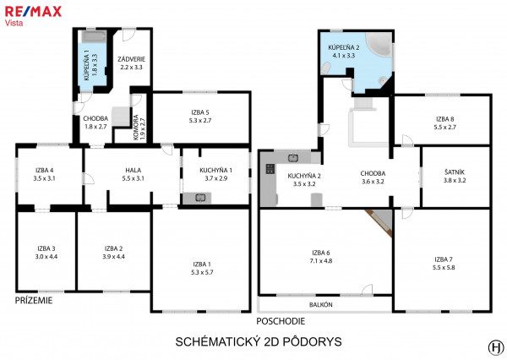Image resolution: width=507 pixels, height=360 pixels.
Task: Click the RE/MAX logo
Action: coord(33,12)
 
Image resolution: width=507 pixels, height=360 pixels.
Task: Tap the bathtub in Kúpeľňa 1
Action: coord(94,36)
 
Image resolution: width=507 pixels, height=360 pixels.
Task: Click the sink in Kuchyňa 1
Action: coord(201,198)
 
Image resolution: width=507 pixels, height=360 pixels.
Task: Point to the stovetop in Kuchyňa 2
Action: coord(270,169)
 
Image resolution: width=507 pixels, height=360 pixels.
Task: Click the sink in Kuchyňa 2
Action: coord(293,158)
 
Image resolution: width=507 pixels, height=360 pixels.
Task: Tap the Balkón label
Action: coord(321,305)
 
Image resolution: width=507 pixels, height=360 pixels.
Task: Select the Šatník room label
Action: coord(455,172)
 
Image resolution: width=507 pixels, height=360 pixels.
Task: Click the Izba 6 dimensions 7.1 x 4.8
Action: coord(321,261)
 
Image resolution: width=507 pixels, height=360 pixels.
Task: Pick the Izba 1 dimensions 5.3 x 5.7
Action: coord(202,272)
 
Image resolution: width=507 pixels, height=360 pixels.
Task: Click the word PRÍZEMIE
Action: coord(34,301)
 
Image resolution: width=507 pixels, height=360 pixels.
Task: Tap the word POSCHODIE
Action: coord(281,321)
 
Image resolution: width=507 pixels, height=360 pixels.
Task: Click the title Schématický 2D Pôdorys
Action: coord(259,342)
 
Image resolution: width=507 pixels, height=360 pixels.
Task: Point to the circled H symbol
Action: coord(496,347)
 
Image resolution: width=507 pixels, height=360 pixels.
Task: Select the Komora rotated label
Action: coord(136,128)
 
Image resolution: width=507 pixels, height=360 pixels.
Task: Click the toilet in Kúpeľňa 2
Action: coord(326,68)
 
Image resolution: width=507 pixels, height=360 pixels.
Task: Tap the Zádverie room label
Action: coord(131,59)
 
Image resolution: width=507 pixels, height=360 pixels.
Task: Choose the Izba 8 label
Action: coord(445,119)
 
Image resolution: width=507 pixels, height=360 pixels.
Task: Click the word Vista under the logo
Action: coord(14,23)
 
